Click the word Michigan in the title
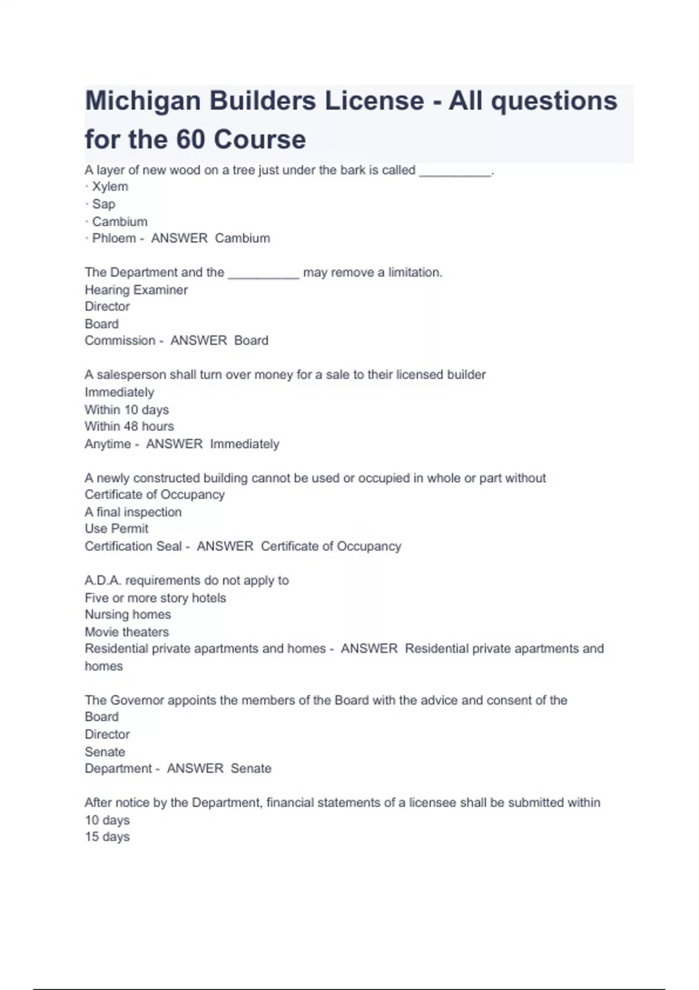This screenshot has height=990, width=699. coord(143,101)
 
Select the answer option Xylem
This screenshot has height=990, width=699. coord(110,187)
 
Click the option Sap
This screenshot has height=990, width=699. coord(104,204)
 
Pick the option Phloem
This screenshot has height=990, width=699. coord(114,238)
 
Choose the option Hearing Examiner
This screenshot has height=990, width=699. coord(136,290)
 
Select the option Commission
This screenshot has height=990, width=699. coord(119,341)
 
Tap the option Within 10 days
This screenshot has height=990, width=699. coord(126,410)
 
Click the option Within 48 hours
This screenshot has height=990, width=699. coord(129,426)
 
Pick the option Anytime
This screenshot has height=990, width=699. coord(108,444)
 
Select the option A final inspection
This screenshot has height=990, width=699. coord(133,512)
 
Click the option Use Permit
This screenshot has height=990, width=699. coord(116,529)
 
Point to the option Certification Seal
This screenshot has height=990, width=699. coord(133,546)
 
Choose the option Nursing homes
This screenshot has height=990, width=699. coord(128,615)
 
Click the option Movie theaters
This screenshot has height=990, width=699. coord(126,632)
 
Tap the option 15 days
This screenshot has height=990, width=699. coord(107,837)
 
